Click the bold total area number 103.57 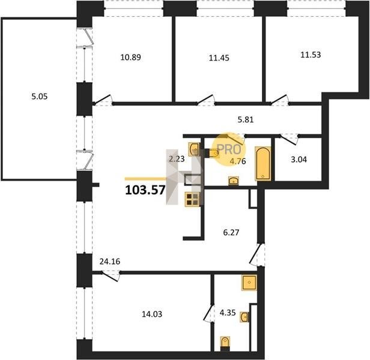tap(145, 190)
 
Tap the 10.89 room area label tap(130, 57)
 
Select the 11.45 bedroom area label tap(219, 58)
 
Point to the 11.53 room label tap(311, 55)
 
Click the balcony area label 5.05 tap(40, 97)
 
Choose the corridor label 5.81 tap(246, 120)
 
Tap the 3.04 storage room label tap(299, 160)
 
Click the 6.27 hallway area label tap(231, 232)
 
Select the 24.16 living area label tap(110, 262)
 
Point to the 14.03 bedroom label tap(152, 314)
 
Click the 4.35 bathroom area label tap(228, 313)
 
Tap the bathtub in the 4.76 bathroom tap(263, 164)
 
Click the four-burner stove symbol tap(193, 199)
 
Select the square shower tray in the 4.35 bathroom tap(249, 283)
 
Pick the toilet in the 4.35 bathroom tap(225, 343)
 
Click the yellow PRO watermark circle tap(229, 149)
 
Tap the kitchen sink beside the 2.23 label tap(194, 149)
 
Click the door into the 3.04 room tap(289, 139)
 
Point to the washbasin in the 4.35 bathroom tap(244, 317)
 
